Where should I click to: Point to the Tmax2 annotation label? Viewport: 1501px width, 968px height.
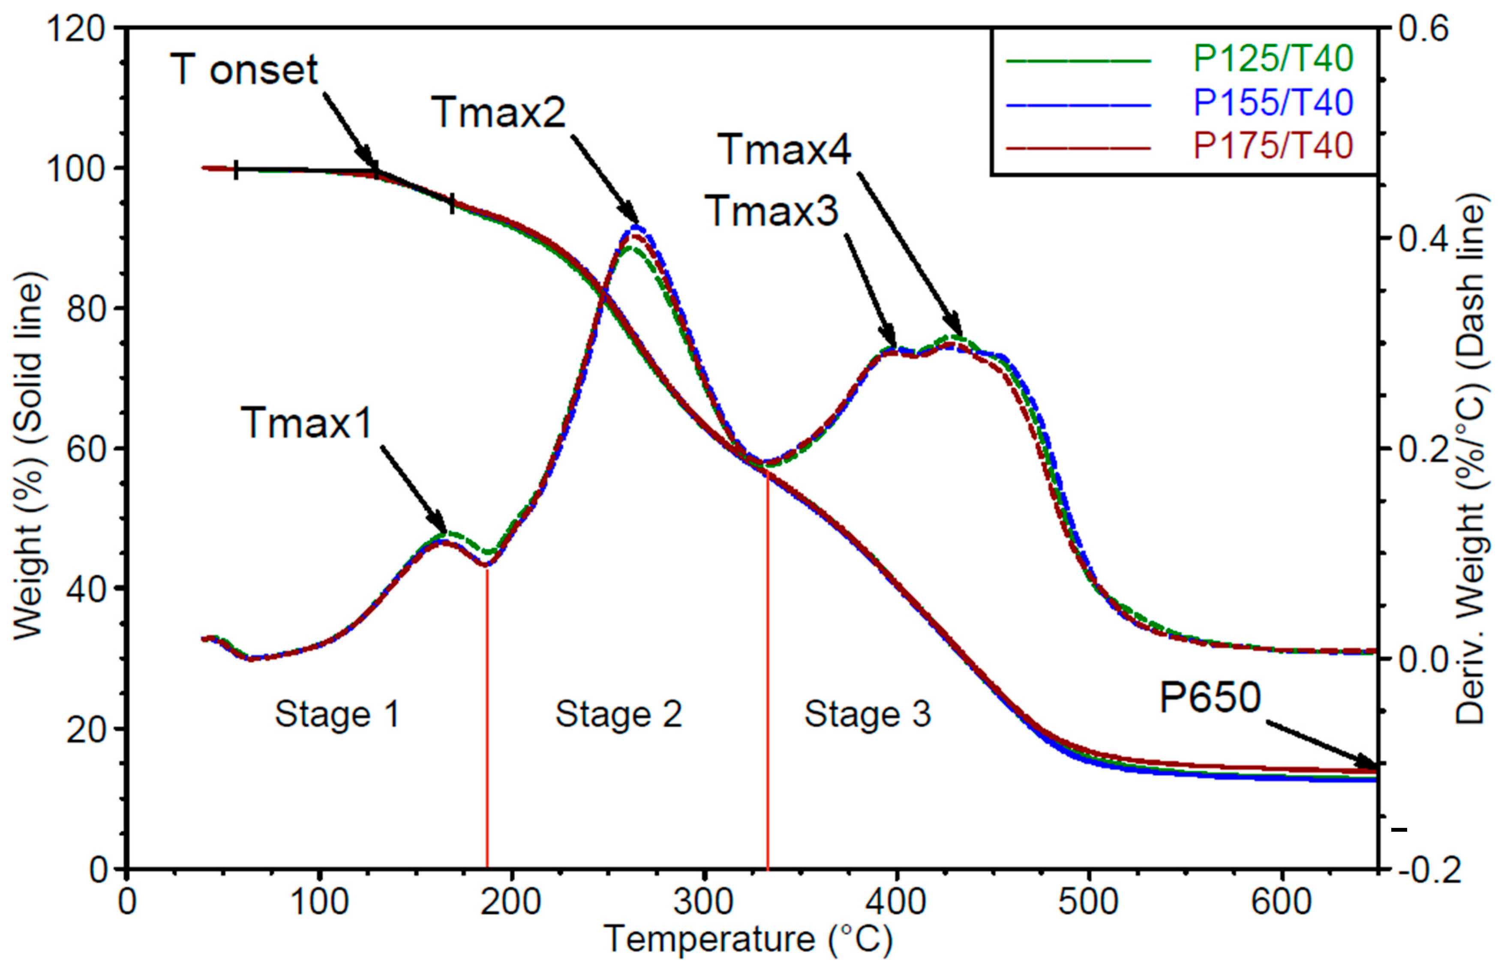(498, 113)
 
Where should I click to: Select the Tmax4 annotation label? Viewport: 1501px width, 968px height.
(784, 150)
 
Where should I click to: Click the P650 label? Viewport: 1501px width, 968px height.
(1210, 697)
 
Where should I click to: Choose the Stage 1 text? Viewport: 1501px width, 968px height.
(338, 715)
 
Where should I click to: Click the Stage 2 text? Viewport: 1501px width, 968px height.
(618, 715)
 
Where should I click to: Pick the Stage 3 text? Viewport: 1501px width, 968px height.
(868, 715)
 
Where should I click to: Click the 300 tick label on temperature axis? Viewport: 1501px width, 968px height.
(704, 902)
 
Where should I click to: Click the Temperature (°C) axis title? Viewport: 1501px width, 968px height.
(748, 940)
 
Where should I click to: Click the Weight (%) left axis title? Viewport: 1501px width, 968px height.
(28, 456)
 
